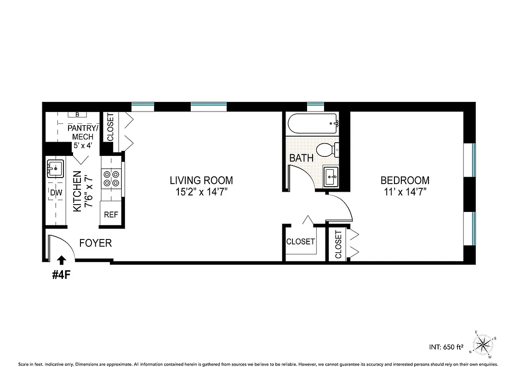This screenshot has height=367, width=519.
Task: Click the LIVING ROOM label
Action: (x=201, y=180)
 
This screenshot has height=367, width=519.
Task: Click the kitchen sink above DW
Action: (x=55, y=169)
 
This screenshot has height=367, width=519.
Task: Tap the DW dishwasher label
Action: (x=56, y=193)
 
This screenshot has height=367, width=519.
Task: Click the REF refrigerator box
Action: (x=110, y=214)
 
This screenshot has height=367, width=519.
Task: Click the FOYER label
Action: (x=96, y=243)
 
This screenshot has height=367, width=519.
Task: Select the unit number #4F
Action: (x=61, y=275)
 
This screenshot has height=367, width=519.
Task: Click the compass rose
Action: (x=483, y=344)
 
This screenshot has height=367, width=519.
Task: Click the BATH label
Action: (x=302, y=158)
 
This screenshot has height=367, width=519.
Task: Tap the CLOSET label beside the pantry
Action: (x=110, y=127)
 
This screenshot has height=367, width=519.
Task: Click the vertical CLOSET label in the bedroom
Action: (x=339, y=245)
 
